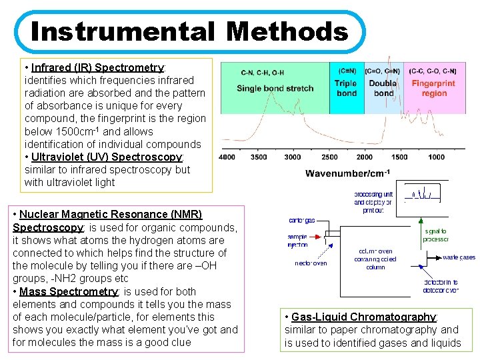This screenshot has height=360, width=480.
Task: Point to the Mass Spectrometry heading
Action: coord(68,291)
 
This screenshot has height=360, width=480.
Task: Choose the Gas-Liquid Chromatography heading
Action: coord(363,317)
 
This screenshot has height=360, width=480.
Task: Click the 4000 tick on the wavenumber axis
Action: coord(227,157)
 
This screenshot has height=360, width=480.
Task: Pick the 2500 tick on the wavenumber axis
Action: coord(329,157)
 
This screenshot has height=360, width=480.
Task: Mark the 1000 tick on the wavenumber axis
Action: coord(436,157)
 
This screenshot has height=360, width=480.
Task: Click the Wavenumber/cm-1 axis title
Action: coord(347,173)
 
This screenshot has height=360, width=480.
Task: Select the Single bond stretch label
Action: coord(275,89)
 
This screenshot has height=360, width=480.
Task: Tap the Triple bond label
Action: coord(346,88)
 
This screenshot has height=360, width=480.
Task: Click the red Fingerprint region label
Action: coord(433,88)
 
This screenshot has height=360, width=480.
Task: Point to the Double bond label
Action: coord(383,88)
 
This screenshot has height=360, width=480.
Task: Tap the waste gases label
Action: coord(459,257)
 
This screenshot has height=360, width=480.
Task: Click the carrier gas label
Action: coord(302,220)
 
